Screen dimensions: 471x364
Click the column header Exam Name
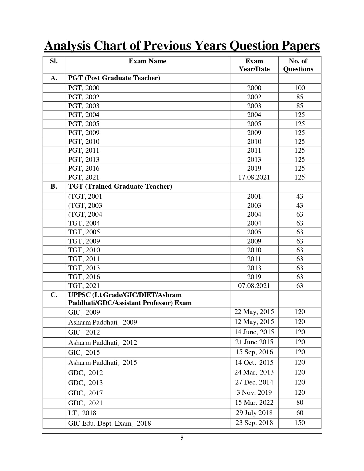click(147, 61)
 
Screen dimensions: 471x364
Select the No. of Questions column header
click(298, 65)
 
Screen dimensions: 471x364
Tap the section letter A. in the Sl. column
click(54, 78)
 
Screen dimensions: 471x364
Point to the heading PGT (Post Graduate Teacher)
click(114, 78)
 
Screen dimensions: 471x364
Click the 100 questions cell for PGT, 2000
click(299, 88)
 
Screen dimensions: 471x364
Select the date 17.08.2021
click(254, 177)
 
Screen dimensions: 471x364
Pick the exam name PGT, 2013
click(84, 160)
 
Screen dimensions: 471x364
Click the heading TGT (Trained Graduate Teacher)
click(120, 187)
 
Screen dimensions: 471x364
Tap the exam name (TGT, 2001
click(85, 196)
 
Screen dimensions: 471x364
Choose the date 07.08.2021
click(254, 286)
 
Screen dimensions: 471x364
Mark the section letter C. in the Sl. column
click(54, 295)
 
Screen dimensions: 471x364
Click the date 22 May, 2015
click(254, 312)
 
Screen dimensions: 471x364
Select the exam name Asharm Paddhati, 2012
click(102, 343)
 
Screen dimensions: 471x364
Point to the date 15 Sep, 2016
click(254, 352)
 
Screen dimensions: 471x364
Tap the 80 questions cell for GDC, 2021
click(299, 402)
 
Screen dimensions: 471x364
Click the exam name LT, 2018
click(82, 413)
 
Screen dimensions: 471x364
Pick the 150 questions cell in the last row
click(299, 423)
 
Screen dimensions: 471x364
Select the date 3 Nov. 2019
click(254, 392)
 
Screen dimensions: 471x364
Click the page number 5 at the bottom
click(182, 438)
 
